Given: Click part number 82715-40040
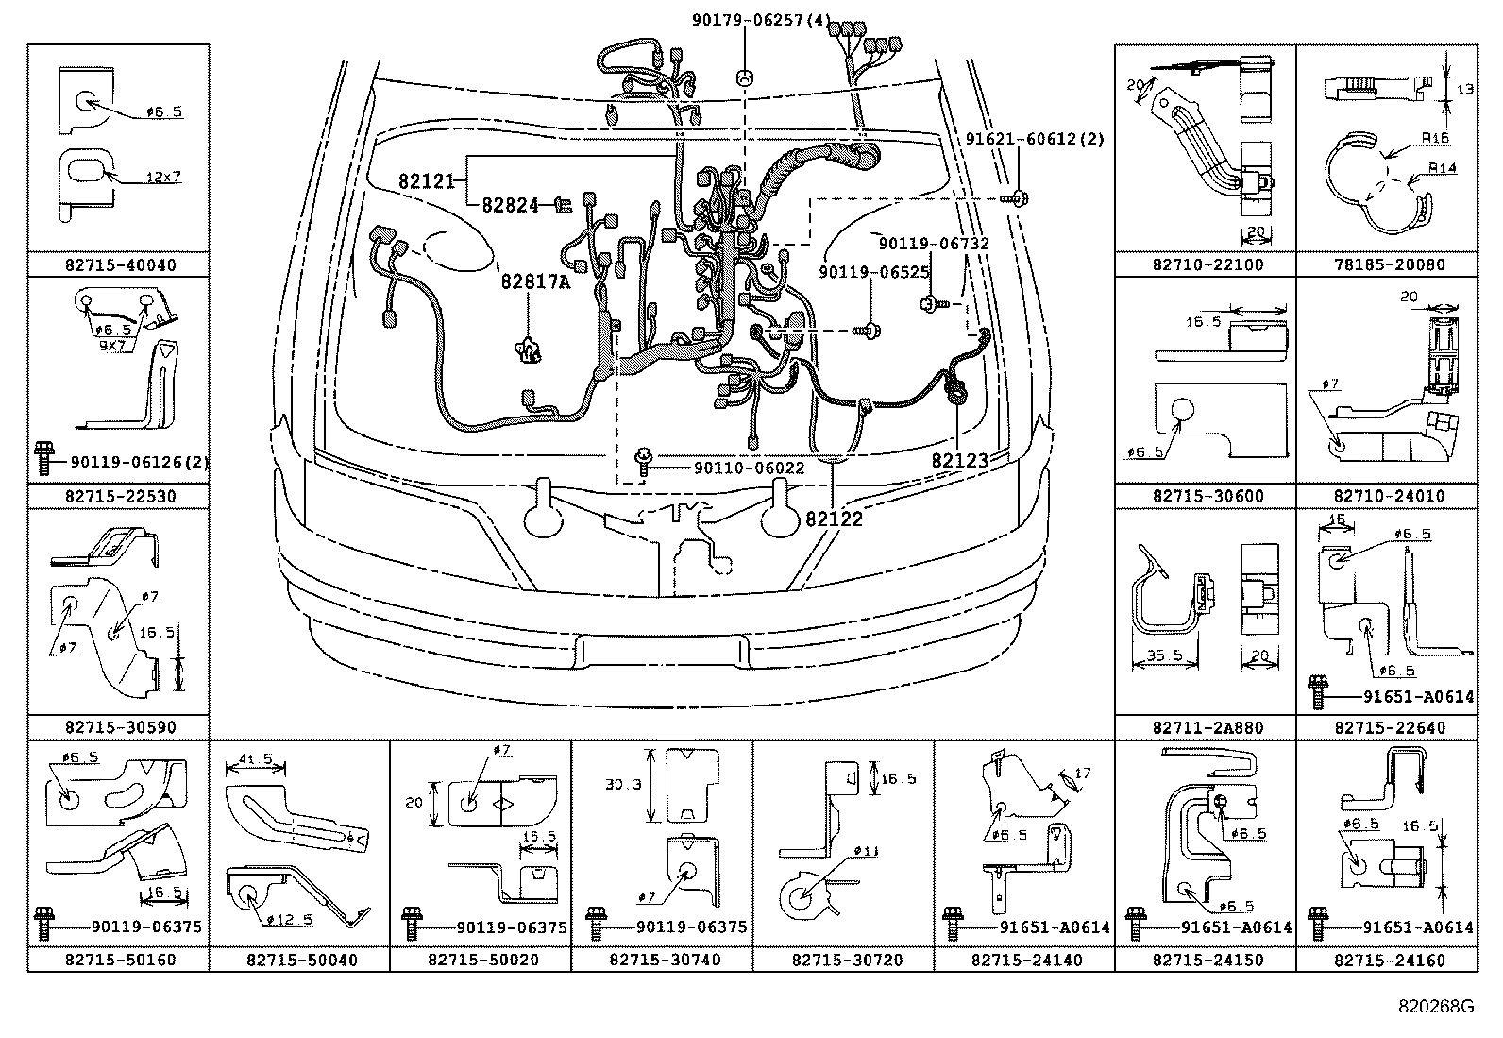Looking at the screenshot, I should (121, 265).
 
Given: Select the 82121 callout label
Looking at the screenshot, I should (427, 181).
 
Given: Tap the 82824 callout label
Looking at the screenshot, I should (511, 204).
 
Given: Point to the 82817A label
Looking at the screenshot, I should (534, 281).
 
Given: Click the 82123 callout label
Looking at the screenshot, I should (960, 461).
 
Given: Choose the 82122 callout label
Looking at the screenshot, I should (835, 519).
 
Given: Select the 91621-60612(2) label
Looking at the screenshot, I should (1034, 140).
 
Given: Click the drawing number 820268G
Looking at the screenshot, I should (1436, 1007).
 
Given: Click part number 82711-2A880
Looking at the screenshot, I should (1207, 727).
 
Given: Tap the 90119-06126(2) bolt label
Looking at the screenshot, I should (140, 462).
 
